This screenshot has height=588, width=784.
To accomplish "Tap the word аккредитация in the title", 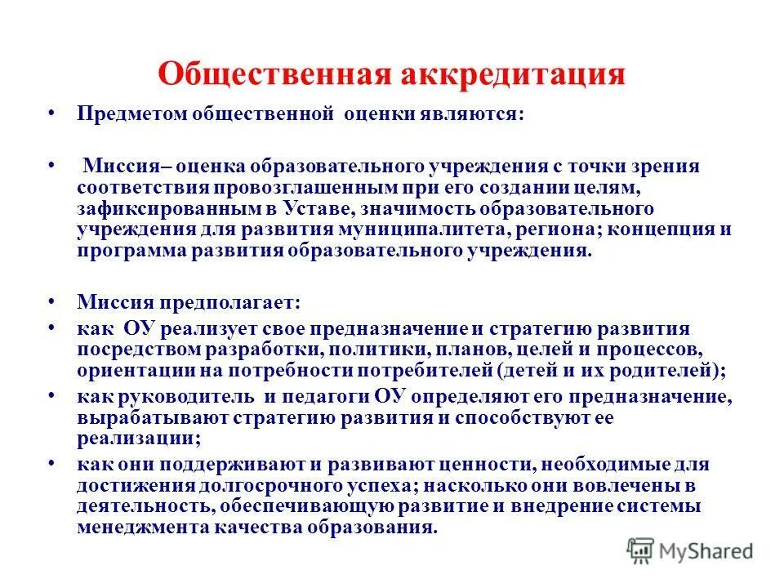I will click(511, 75).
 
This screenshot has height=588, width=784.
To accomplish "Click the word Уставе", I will click(309, 209).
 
